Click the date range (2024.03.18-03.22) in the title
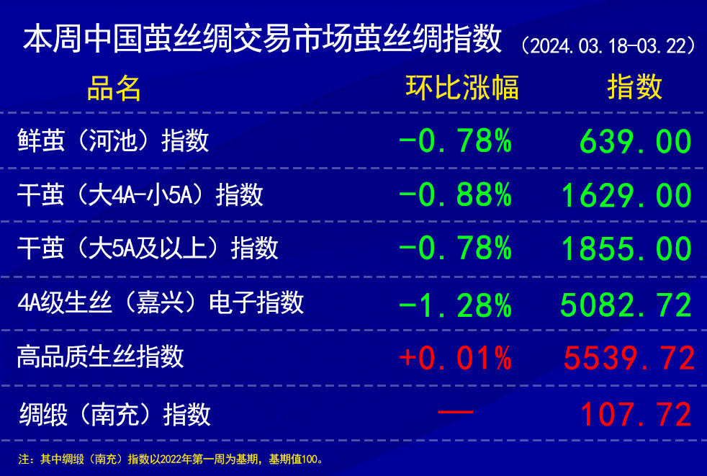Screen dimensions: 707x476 [609, 46]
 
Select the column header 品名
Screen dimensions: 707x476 [114, 88]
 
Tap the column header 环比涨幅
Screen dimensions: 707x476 [462, 87]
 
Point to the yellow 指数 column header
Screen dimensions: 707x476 [635, 87]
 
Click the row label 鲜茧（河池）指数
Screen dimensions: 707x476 [113, 140]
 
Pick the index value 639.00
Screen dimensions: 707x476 [635, 141]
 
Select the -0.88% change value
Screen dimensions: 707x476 [456, 195]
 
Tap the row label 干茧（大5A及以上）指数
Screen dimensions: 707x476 [148, 248]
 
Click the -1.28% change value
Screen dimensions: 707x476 [456, 305]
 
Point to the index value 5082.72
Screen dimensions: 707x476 [626, 305]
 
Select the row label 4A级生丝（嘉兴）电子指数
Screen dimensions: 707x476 [161, 302]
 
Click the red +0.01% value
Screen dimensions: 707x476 [456, 358]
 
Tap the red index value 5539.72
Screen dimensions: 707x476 [629, 358]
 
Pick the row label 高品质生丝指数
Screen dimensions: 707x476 [101, 356]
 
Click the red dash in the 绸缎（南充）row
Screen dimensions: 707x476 [456, 412]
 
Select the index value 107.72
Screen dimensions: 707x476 [636, 414]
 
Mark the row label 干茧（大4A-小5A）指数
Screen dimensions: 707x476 [140, 195]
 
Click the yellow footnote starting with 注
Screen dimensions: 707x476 [171, 459]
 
